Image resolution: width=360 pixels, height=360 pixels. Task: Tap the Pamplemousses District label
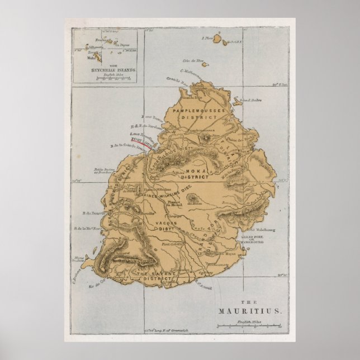click(195, 115)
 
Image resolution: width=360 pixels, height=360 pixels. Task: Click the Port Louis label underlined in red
click(138, 142)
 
